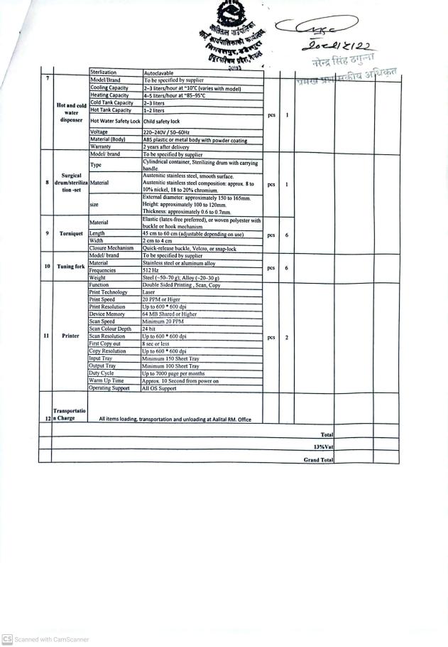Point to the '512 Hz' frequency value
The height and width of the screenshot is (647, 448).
pos(152,270)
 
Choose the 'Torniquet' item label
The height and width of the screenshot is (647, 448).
pos(70,233)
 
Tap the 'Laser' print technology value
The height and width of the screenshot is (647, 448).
pos(150,292)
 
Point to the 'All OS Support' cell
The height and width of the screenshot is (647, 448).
pos(160,388)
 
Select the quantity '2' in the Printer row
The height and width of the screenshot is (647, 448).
pos(286,337)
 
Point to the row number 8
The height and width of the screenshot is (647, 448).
pos(47,183)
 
